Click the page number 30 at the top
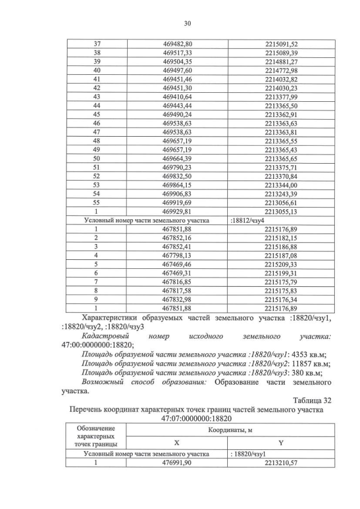coord(187,23)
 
